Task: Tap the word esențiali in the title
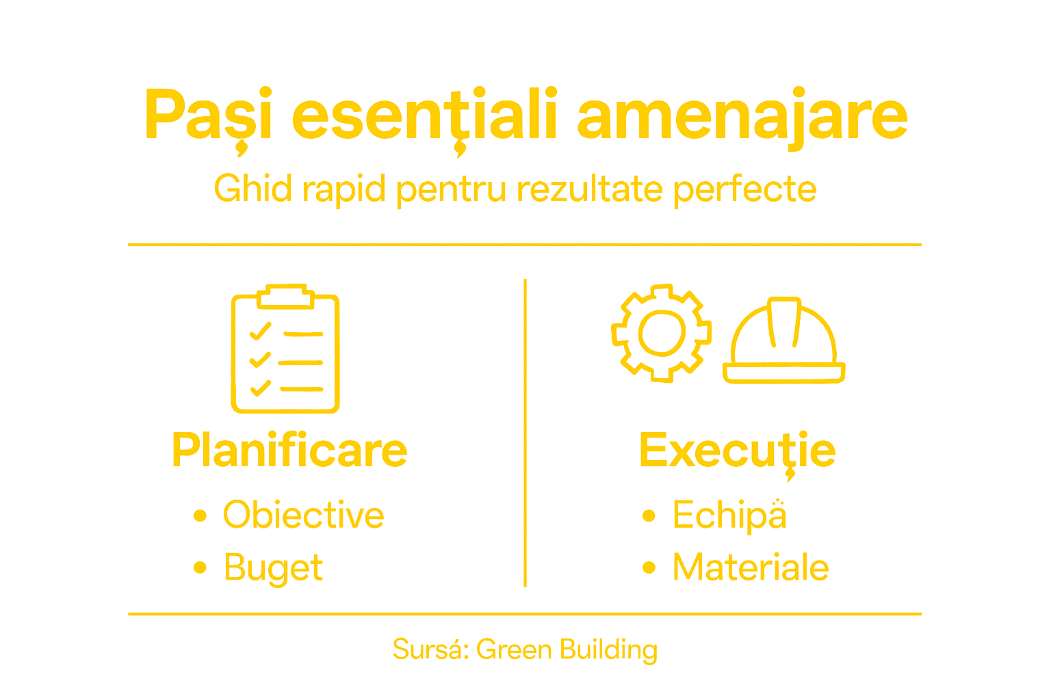pos(425,116)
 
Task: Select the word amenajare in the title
pos(742,116)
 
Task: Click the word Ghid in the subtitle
pos(253,189)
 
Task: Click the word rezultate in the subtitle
pos(589,189)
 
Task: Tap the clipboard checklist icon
pos(285,350)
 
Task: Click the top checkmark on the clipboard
pos(261,332)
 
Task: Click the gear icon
pos(661,333)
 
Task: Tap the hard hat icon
pos(784,342)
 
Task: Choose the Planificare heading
pos(289,450)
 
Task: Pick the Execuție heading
pos(737,450)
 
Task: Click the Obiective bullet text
pos(303,515)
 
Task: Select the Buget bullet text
pos(273,568)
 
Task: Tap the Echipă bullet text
pos(729,515)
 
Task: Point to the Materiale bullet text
pos(751,567)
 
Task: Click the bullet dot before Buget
pos(200,567)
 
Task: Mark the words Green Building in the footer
pos(567,649)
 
